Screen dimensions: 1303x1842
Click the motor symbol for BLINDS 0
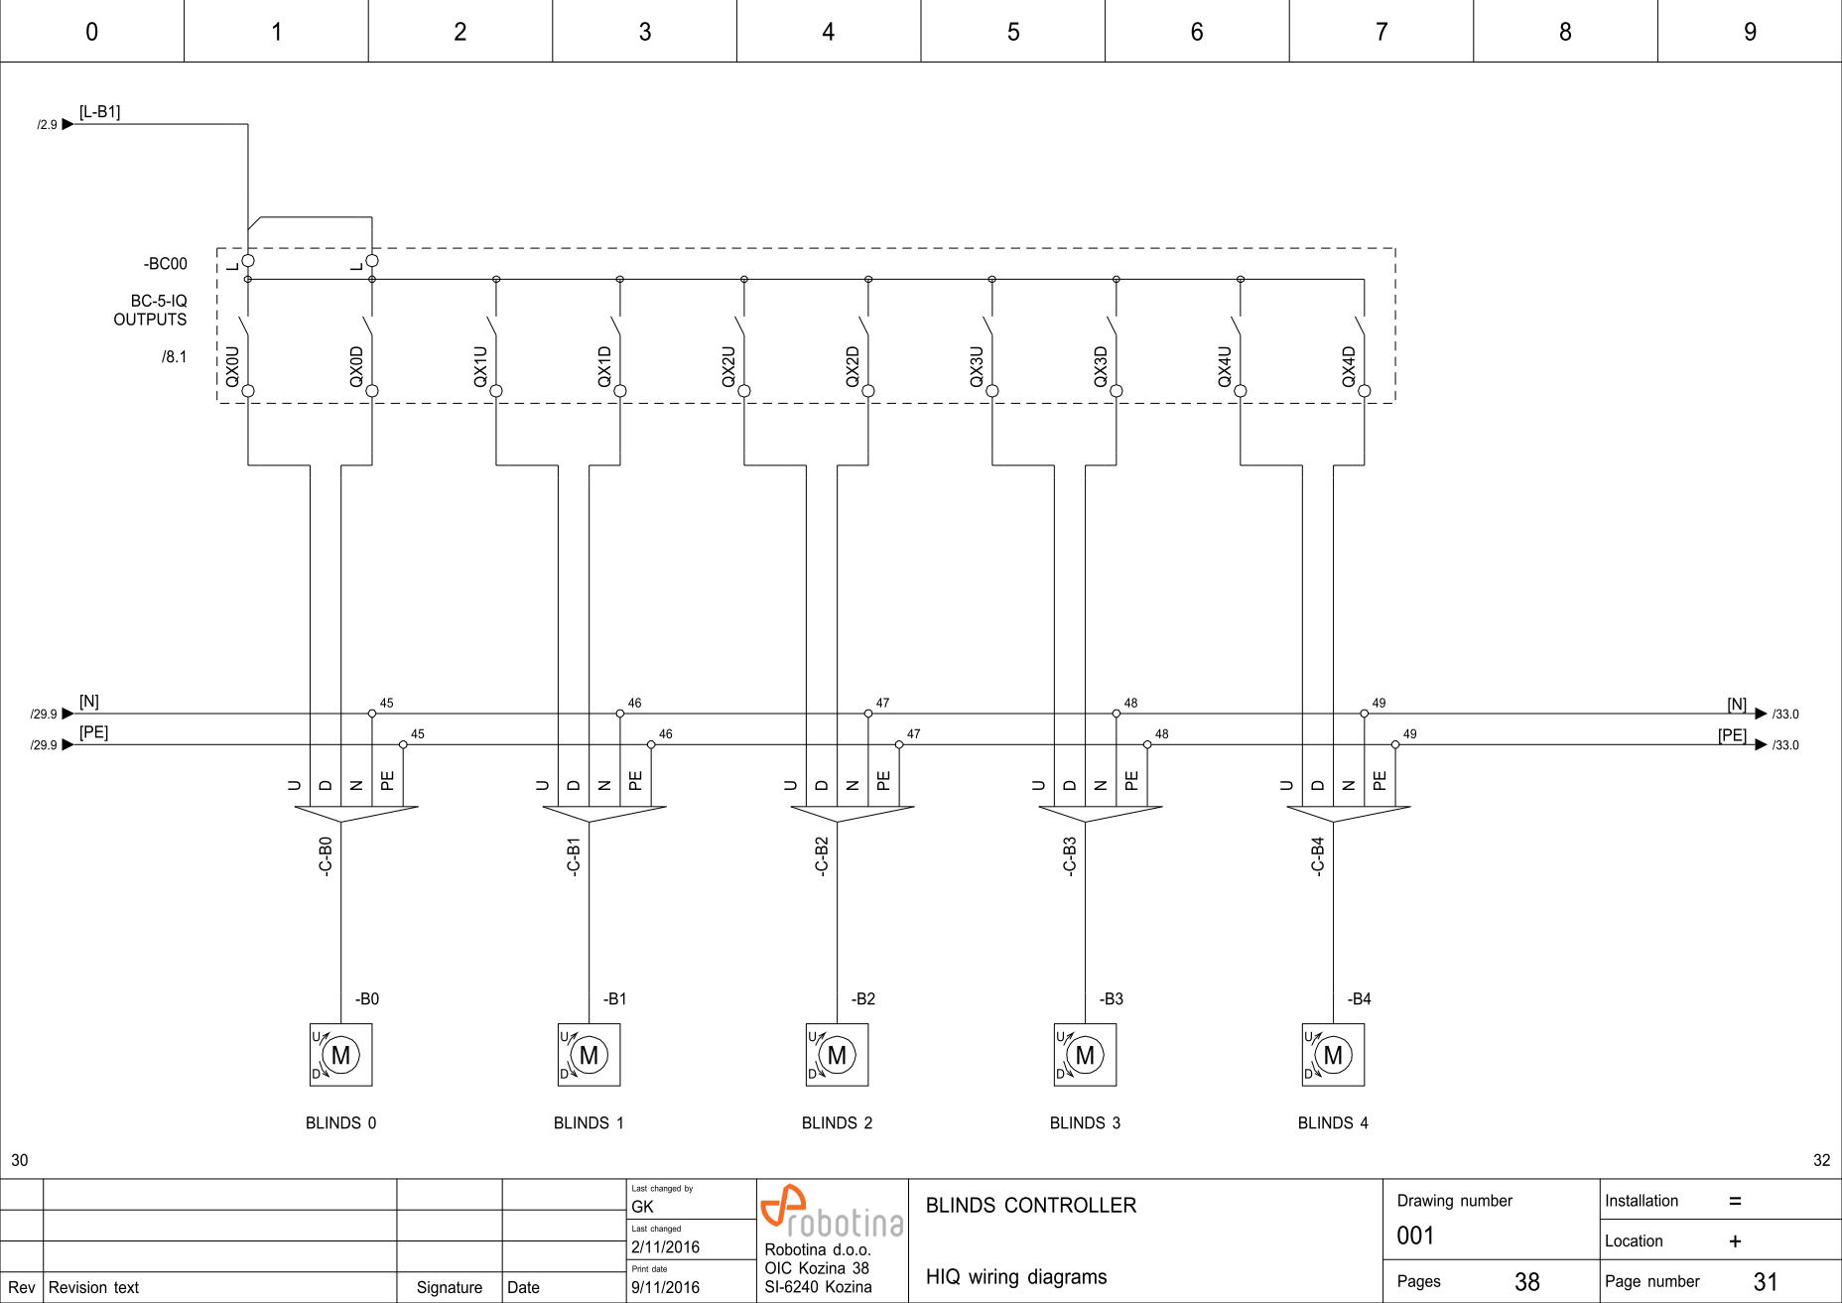click(340, 1055)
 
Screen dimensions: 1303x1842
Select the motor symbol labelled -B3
click(1085, 1055)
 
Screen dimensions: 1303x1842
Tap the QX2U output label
click(728, 366)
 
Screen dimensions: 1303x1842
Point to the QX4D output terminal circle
click(1365, 391)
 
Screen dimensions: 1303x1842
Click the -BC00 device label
click(165, 264)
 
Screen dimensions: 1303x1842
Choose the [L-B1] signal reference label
click(99, 112)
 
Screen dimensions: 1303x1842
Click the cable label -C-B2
click(822, 855)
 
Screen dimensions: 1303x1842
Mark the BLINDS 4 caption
click(1333, 1123)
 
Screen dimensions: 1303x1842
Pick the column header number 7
click(1381, 32)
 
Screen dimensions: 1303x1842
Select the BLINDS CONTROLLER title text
click(1030, 1206)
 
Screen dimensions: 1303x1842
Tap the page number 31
click(1765, 1282)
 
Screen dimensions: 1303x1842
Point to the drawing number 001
click(1415, 1237)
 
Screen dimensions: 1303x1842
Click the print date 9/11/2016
click(665, 1288)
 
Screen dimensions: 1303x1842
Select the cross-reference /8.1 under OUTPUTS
click(175, 357)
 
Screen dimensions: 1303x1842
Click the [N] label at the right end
click(1736, 704)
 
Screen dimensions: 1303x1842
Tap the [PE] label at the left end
click(93, 732)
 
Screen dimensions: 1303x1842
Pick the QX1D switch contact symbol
click(616, 327)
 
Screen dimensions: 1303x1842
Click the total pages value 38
click(1526, 1282)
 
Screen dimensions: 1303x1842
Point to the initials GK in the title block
click(642, 1207)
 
